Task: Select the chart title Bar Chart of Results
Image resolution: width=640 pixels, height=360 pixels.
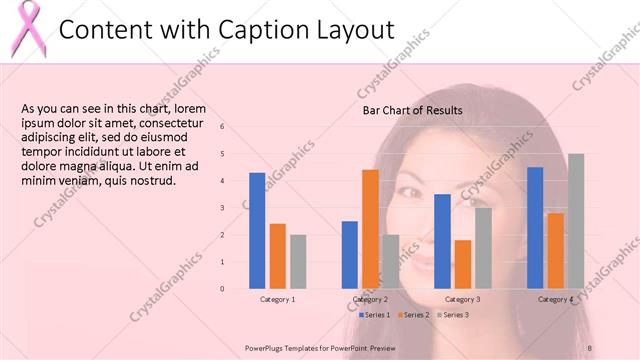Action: (411, 110)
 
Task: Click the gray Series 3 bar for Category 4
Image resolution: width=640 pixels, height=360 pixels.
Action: (576, 221)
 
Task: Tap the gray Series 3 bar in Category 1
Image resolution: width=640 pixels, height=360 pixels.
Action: (298, 261)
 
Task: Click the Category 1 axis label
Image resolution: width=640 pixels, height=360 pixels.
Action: (277, 299)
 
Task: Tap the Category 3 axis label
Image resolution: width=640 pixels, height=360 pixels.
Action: (462, 299)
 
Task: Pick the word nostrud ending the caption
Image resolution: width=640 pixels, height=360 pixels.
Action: (152, 181)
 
